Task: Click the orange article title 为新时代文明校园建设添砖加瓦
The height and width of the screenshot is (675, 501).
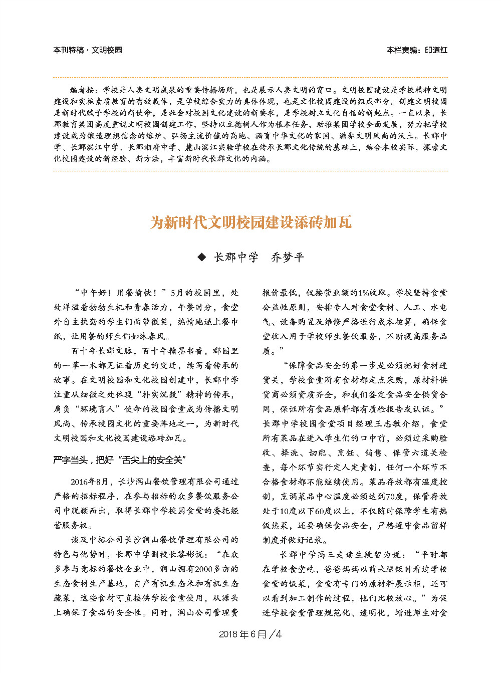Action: [x=250, y=222]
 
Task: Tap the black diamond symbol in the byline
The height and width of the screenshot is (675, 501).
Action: [x=202, y=257]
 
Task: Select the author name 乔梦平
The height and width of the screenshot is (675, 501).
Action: [x=288, y=257]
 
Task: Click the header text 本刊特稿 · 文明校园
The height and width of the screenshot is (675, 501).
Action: [x=88, y=50]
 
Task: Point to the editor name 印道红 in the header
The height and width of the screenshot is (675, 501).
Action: [x=436, y=50]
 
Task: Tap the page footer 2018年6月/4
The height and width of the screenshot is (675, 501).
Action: [x=250, y=634]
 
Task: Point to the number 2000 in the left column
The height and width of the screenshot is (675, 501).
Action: [x=204, y=569]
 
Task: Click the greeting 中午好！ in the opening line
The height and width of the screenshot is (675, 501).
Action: [x=96, y=293]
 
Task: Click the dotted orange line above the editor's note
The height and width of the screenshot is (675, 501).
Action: [x=250, y=78]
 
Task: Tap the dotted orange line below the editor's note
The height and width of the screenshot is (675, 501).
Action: [x=250, y=171]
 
